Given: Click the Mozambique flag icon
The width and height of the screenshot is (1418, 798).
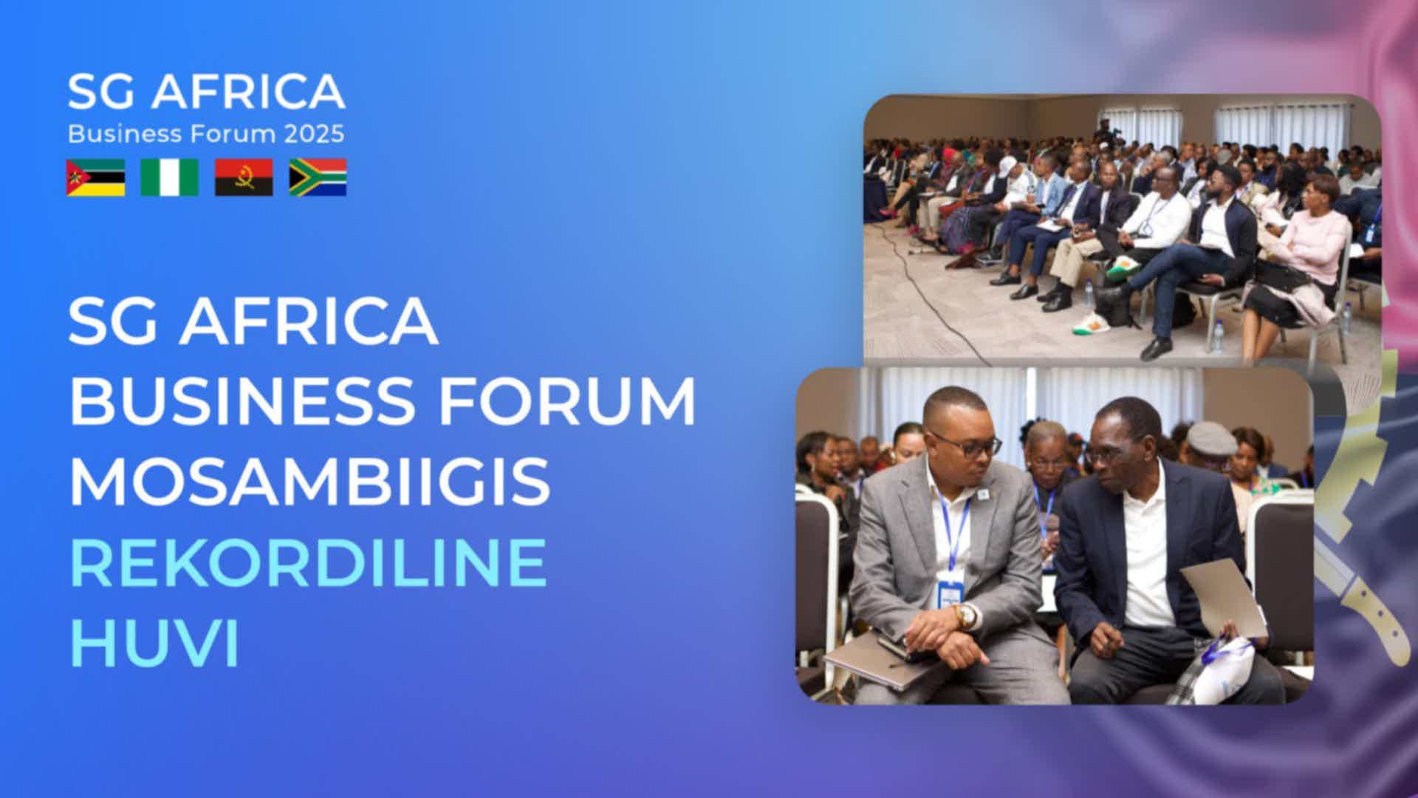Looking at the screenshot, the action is tap(96, 177).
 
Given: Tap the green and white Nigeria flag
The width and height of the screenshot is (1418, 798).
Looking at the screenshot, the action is tap(170, 177).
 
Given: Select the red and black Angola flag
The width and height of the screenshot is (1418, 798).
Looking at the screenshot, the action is tap(244, 177).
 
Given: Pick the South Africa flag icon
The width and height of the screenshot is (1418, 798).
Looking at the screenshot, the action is tap(318, 177).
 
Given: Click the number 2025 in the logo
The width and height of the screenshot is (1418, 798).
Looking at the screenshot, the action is tap(314, 134).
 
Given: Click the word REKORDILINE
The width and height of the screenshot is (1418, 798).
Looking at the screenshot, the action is tap(308, 563).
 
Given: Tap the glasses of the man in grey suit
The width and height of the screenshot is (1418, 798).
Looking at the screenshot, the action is tap(967, 446).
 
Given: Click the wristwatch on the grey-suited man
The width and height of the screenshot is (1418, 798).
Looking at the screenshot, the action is tap(965, 615).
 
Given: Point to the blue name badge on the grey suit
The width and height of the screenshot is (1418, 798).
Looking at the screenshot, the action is tap(951, 593).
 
